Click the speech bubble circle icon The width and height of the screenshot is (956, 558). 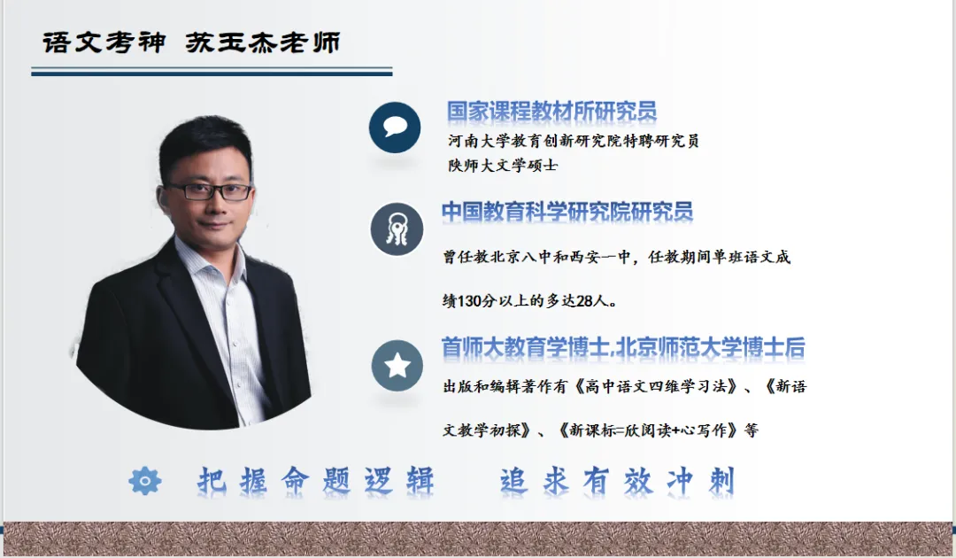coord(395,128)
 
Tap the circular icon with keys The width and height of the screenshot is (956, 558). coord(397,229)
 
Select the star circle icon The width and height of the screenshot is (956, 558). coord(397,365)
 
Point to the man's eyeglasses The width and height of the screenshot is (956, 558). coord(209,190)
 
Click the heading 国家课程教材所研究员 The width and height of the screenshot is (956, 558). coord(551,112)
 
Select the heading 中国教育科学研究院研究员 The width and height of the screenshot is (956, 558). coord(567,212)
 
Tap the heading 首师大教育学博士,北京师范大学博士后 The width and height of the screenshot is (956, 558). coord(623,347)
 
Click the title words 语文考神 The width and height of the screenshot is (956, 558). coord(104,43)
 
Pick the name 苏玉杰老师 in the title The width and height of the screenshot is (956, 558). coord(263,43)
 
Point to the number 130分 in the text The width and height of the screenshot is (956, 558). coord(480,301)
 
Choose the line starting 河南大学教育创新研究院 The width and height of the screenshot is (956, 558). coord(574,141)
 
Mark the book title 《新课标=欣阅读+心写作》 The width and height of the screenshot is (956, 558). coord(648,430)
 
